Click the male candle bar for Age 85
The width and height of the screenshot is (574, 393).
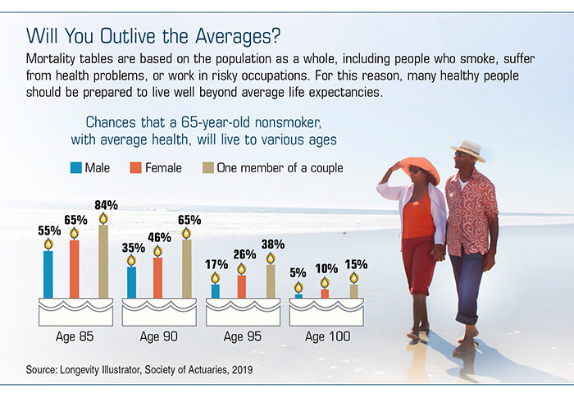click(48, 274)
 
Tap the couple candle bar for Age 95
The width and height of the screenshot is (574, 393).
click(271, 281)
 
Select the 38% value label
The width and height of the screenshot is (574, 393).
click(273, 244)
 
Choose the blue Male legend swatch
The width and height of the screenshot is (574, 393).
click(76, 168)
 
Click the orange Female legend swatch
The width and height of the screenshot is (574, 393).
click(137, 168)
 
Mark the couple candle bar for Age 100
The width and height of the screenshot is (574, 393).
click(353, 290)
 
